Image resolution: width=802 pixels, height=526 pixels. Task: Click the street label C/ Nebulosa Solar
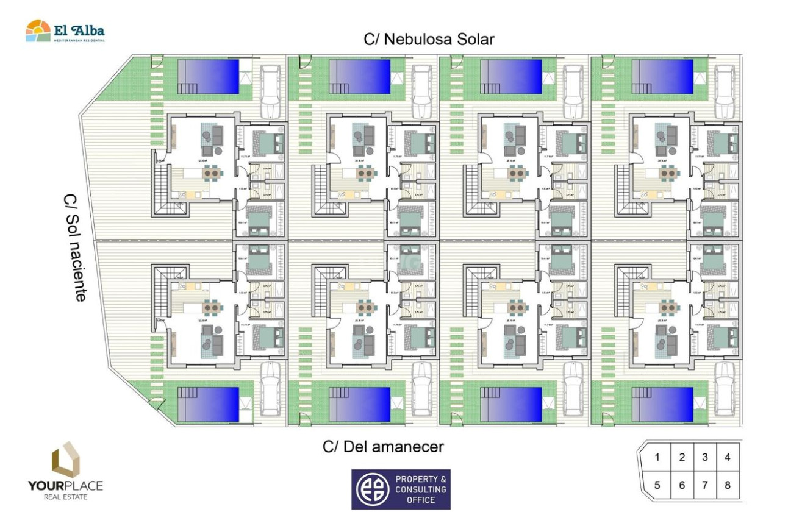429,40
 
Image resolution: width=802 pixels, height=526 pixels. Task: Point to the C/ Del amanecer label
383,447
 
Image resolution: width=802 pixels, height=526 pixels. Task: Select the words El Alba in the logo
79,30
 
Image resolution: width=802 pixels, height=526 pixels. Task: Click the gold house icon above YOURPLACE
65,460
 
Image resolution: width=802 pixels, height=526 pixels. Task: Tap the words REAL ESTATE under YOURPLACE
65,497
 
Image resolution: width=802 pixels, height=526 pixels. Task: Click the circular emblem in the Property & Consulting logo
372,489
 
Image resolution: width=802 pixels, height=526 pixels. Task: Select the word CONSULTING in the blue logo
421,489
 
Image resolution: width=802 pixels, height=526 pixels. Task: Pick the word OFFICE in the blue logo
421,500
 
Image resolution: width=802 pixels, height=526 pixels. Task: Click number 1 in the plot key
657,458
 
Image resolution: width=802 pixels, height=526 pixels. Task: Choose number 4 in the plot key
727,457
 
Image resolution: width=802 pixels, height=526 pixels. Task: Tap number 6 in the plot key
682,486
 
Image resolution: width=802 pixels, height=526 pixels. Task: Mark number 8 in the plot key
727,486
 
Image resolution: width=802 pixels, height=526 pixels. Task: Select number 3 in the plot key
704,457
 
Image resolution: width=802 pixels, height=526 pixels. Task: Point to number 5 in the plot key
657,486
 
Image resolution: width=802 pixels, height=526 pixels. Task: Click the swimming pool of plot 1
208,76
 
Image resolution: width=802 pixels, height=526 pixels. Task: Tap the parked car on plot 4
725,90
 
